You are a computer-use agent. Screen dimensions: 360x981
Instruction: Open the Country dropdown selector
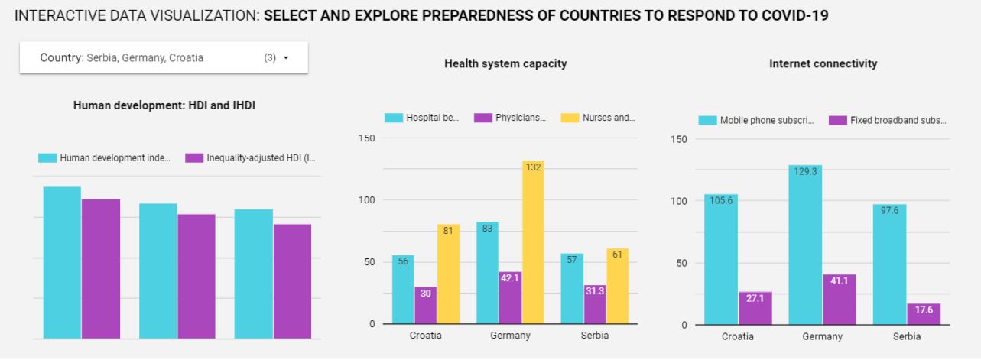(x=163, y=58)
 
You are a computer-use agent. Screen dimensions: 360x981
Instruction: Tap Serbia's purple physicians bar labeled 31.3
(x=594, y=303)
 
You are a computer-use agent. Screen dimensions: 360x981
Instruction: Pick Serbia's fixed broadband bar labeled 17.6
(x=923, y=314)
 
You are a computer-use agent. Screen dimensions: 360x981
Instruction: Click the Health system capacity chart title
(x=505, y=64)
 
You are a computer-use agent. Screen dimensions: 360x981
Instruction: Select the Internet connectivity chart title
(x=823, y=64)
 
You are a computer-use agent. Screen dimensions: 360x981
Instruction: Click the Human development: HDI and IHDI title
(x=164, y=105)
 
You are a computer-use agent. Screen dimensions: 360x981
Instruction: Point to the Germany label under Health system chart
(x=510, y=336)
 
